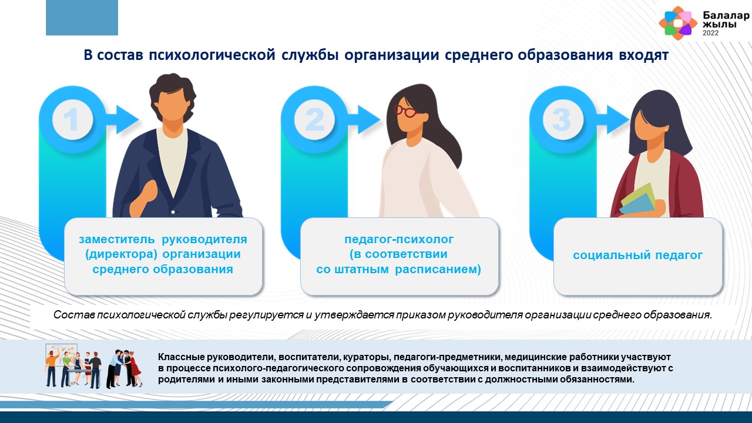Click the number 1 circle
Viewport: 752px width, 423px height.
pyautogui.click(x=72, y=119)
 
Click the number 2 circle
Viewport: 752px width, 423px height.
pyautogui.click(x=314, y=119)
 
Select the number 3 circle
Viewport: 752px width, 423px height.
pyautogui.click(x=563, y=119)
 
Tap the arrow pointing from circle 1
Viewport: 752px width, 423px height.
pyautogui.click(x=123, y=119)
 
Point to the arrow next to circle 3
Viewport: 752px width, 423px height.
pyautogui.click(x=613, y=119)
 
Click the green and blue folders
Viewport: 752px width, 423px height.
pyautogui.click(x=637, y=200)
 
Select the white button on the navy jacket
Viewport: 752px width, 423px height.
pyautogui.click(x=173, y=212)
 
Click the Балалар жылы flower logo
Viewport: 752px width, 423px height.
pyautogui.click(x=678, y=23)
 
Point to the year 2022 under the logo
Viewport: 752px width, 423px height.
pyautogui.click(x=710, y=33)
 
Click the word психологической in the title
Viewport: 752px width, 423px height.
pyautogui.click(x=212, y=55)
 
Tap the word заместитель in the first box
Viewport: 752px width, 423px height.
pyautogui.click(x=117, y=239)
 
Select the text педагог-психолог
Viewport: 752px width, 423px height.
pyautogui.click(x=399, y=239)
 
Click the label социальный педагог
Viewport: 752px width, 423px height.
pyautogui.click(x=637, y=255)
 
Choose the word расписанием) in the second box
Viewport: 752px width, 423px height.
pyautogui.click(x=438, y=269)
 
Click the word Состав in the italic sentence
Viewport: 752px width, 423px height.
pyautogui.click(x=73, y=315)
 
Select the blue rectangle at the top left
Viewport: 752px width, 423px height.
pyautogui.click(x=82, y=18)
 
